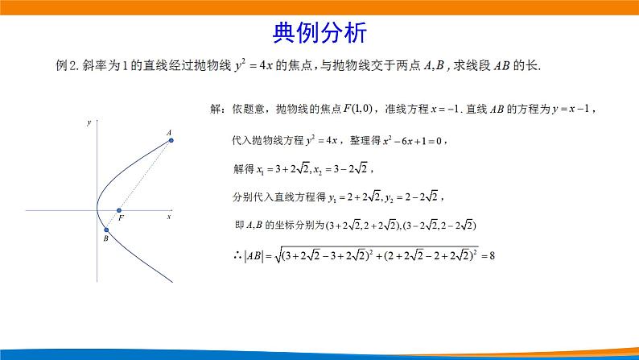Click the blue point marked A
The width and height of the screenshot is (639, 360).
(171, 140)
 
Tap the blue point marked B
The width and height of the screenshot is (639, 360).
(106, 230)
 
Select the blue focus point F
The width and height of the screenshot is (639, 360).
(119, 210)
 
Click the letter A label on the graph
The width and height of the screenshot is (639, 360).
(169, 131)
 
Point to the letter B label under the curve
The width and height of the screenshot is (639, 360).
(105, 240)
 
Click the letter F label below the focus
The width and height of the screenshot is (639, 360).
(121, 219)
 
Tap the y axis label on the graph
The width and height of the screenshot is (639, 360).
(88, 122)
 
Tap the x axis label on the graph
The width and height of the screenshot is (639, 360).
(169, 217)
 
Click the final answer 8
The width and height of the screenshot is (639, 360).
(492, 256)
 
